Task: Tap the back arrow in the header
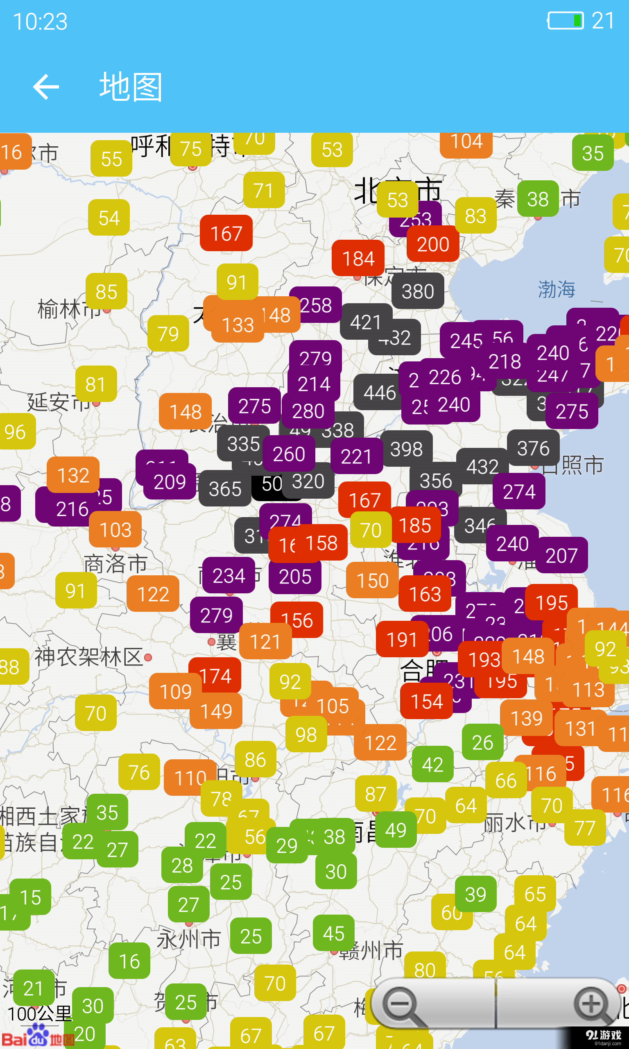tap(46, 87)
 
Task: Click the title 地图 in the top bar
tap(131, 87)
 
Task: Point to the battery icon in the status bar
tap(566, 20)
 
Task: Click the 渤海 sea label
tap(556, 290)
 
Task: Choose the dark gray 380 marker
tap(418, 291)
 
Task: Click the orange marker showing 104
tap(466, 143)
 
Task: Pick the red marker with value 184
tap(358, 258)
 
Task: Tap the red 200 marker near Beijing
tap(433, 244)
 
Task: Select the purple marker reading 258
tap(316, 305)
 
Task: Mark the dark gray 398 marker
tap(406, 449)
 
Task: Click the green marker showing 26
tap(482, 742)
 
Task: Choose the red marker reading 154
tap(426, 701)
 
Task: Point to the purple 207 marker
tap(561, 556)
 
